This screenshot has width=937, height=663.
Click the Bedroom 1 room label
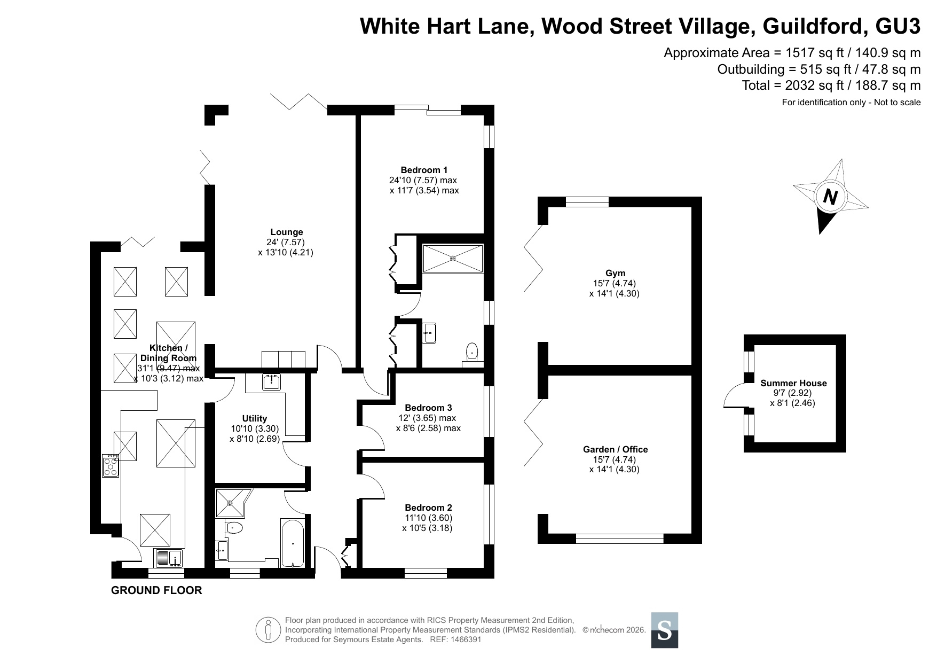[424, 170]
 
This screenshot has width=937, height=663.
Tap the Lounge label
[287, 232]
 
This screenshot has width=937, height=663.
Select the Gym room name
[616, 273]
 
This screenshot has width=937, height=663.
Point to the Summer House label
[793, 383]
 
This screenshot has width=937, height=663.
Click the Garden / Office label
[615, 449]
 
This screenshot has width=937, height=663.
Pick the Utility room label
[255, 418]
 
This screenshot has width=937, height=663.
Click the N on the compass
[829, 197]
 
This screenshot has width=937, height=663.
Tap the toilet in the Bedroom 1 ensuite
[472, 353]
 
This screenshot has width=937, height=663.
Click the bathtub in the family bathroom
[293, 543]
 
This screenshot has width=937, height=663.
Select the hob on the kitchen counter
[111, 465]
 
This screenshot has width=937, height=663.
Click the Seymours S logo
[665, 630]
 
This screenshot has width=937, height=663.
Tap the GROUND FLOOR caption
[156, 590]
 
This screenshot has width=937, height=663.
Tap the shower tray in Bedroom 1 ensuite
[453, 259]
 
